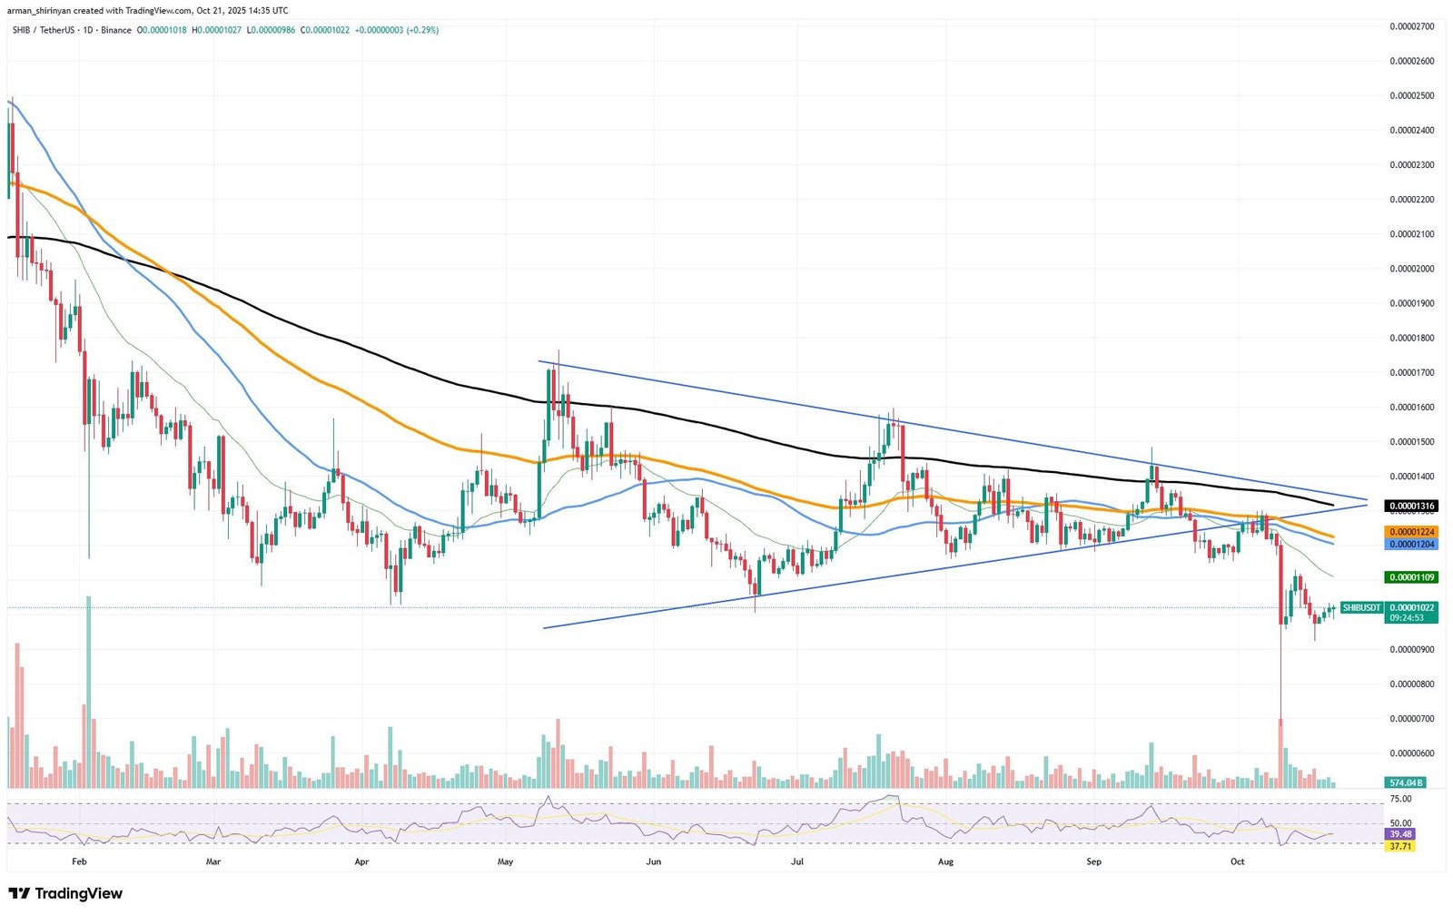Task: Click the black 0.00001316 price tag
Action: coord(1410,506)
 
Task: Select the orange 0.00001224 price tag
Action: coord(1410,532)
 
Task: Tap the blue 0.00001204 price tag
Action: coord(1410,545)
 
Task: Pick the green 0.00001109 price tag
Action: coord(1410,577)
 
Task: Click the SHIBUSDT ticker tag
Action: coord(1361,607)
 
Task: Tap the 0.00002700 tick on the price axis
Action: coord(1412,26)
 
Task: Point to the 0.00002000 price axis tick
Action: coord(1412,269)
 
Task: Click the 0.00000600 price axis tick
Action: coord(1412,753)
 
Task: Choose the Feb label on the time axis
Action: coord(79,861)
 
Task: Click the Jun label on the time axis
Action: coord(652,861)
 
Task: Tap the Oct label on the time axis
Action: coord(1237,861)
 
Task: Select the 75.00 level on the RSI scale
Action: coord(1400,799)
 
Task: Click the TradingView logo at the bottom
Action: coord(65,894)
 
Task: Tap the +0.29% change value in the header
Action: coord(422,30)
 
